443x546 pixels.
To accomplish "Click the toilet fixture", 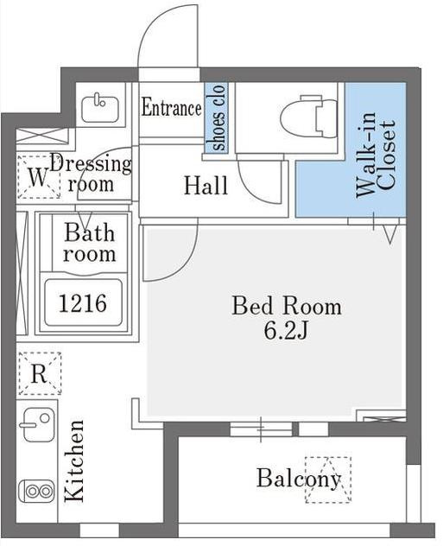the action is point(308,117).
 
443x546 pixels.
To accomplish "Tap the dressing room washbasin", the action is point(100,108).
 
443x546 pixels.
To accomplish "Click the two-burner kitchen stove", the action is point(36,491).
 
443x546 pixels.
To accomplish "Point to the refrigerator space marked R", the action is point(40,373).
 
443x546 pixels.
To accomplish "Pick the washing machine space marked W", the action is point(38,177).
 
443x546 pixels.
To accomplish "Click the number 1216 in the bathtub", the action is point(83,303).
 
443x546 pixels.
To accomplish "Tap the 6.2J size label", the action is point(286,331).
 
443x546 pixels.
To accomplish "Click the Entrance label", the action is point(171,108).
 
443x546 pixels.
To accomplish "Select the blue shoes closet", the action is point(216,117).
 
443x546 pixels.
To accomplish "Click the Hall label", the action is point(206,185).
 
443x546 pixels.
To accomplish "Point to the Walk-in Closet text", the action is point(376,155).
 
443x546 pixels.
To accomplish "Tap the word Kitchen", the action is point(74,460).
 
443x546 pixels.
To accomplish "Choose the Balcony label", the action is point(299,479).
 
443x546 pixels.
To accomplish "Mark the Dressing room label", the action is point(91,174).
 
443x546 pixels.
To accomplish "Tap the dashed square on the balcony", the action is point(328,479).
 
